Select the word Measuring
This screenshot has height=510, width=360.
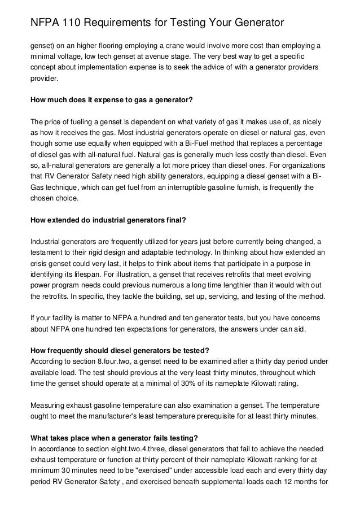point(49,406)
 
